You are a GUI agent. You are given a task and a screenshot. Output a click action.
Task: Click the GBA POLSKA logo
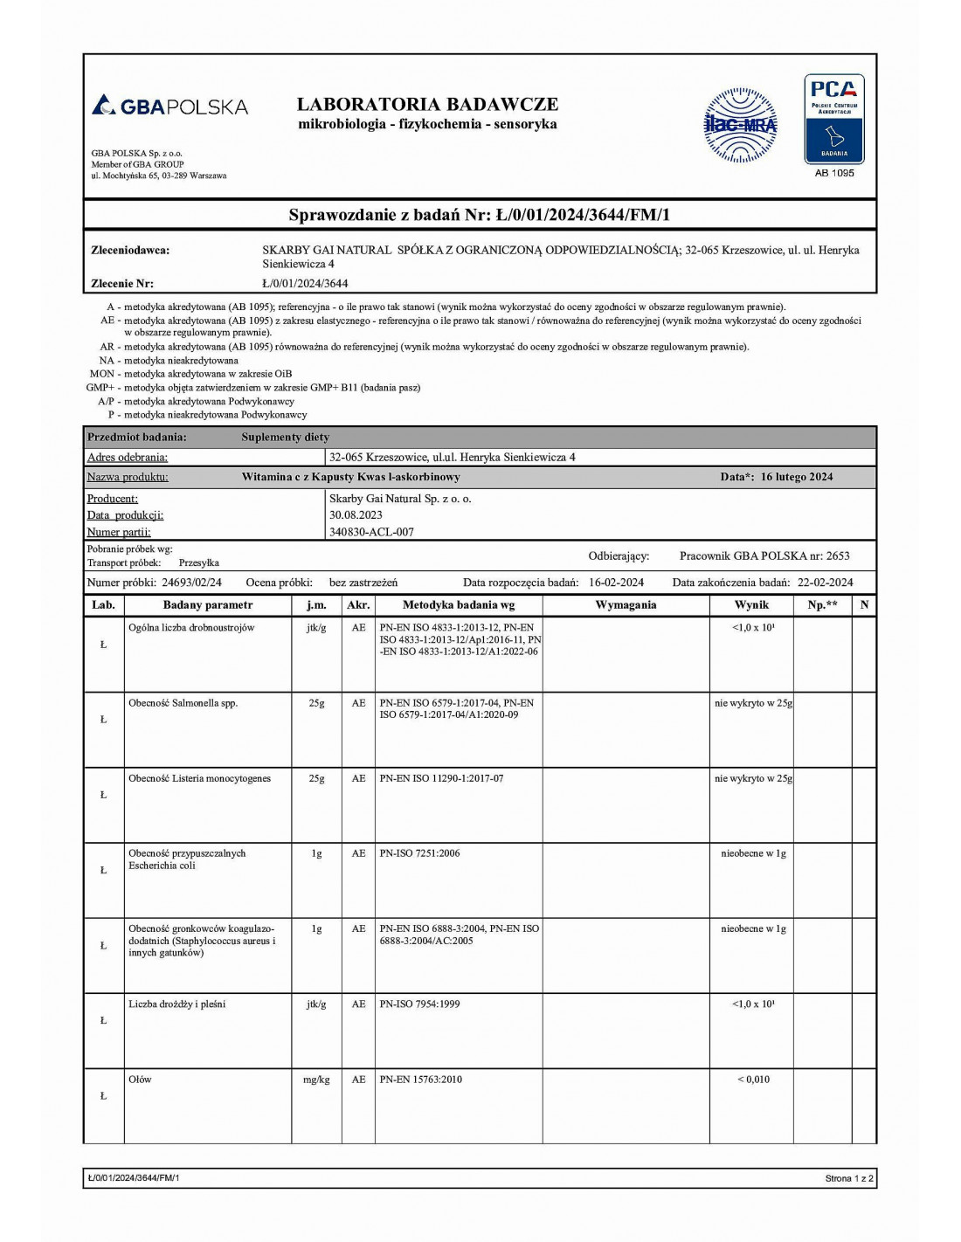(170, 107)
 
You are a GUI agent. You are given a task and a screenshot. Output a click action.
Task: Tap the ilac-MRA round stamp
(740, 125)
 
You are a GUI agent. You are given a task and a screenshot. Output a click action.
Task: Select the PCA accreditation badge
(833, 119)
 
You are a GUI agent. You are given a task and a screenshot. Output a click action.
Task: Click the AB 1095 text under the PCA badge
(834, 173)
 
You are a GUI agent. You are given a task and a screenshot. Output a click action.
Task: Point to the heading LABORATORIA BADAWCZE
(427, 104)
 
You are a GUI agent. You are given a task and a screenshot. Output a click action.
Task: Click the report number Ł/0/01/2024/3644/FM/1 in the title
(583, 215)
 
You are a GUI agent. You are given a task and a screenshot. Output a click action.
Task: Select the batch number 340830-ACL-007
(371, 532)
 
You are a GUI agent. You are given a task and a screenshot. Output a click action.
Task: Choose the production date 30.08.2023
(356, 515)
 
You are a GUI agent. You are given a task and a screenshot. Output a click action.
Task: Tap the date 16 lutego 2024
(797, 477)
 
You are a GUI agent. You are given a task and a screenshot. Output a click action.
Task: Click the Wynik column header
(751, 604)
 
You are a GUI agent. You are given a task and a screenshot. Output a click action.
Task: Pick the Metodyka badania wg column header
(458, 604)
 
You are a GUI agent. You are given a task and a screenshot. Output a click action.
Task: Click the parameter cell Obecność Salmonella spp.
(183, 703)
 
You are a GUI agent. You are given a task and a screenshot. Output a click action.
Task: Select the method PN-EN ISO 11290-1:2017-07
(441, 778)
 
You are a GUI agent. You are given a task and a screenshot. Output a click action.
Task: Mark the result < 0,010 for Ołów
(753, 1080)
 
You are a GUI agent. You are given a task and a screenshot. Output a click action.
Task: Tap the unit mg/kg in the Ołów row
(316, 1080)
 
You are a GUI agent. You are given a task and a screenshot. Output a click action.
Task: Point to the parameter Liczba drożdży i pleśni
(176, 1004)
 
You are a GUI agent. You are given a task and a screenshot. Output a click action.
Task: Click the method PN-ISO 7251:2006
(419, 853)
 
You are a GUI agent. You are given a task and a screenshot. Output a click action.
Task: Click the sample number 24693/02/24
(191, 583)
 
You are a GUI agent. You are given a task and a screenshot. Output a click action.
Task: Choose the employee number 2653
(838, 556)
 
